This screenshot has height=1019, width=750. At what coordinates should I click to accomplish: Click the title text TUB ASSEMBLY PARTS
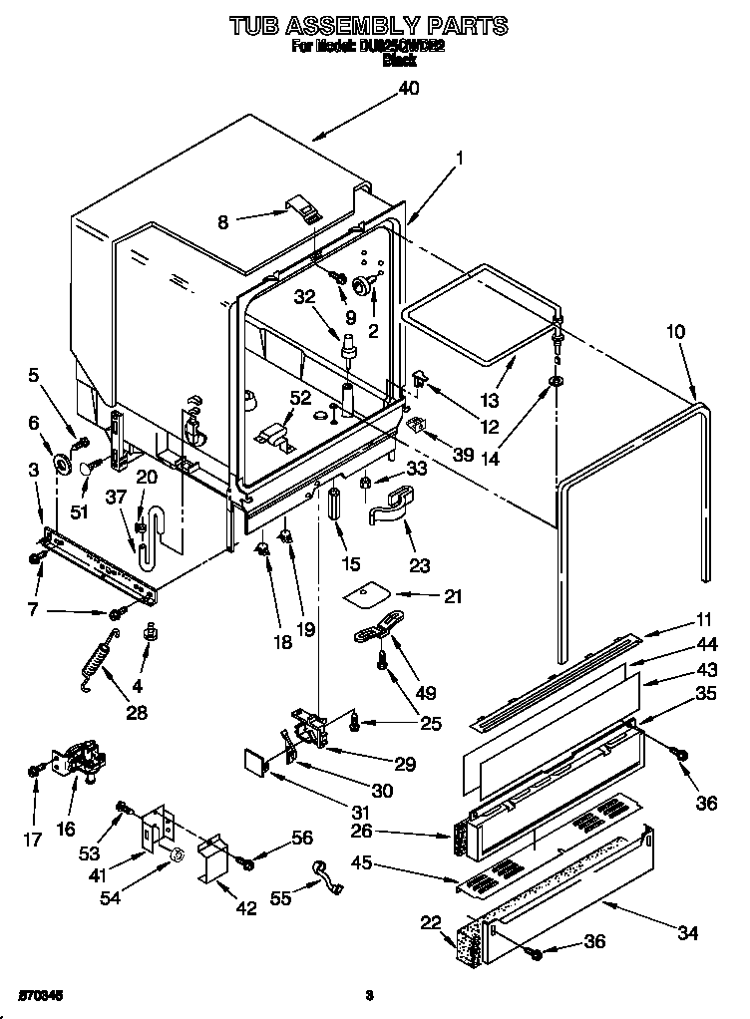[x=368, y=25]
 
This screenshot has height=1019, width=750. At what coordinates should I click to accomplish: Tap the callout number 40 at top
[x=409, y=88]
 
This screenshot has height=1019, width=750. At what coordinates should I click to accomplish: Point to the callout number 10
[x=676, y=332]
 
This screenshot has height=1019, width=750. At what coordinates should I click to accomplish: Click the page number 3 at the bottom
[x=368, y=994]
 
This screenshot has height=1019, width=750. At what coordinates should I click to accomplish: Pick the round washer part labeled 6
[x=64, y=465]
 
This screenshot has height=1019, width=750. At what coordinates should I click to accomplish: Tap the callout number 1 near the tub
[x=460, y=157]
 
